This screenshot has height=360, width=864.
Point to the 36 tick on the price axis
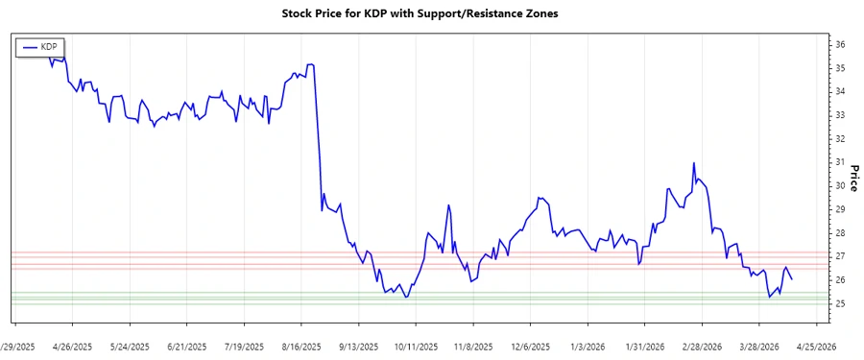pyautogui.click(x=839, y=45)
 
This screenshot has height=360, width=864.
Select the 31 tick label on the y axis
pyautogui.click(x=839, y=162)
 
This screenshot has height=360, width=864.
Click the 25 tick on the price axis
pyautogui.click(x=839, y=303)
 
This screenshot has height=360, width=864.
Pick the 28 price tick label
pyautogui.click(x=839, y=233)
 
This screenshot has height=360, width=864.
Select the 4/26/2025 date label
pyautogui.click(x=72, y=347)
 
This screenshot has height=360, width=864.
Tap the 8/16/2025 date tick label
pyautogui.click(x=301, y=347)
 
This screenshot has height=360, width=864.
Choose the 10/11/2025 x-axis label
pyautogui.click(x=416, y=347)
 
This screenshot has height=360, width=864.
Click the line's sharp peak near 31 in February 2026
pyautogui.click(x=693, y=163)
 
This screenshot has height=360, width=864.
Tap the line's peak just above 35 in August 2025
pyautogui.click(x=310, y=64)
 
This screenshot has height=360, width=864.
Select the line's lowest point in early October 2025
pyautogui.click(x=406, y=298)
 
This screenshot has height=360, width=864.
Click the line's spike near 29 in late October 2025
pyautogui.click(x=448, y=205)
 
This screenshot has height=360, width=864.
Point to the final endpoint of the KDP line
pyautogui.click(x=791, y=279)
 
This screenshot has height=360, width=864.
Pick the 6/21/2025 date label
pyautogui.click(x=186, y=347)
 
